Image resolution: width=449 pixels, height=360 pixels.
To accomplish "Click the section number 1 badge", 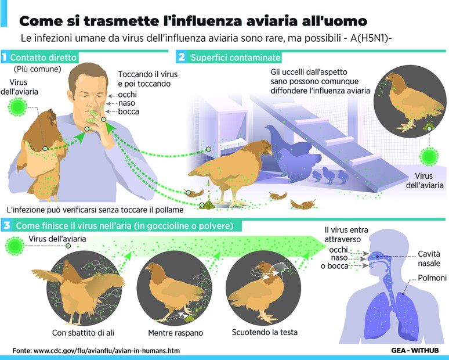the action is coord(4,57).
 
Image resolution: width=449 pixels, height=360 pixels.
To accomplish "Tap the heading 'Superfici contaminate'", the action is coord(236,57).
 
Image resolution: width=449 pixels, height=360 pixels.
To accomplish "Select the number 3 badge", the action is coord(6,225).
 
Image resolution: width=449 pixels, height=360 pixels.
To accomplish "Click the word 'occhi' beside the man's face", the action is coord(128,95).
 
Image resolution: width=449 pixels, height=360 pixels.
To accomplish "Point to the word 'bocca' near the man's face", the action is coord(129,111).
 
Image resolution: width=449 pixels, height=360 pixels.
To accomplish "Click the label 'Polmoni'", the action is coord(432,278).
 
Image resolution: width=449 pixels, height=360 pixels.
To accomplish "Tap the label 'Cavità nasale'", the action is coord(429,258).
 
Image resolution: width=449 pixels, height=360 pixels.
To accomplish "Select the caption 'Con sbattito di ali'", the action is coord(83,333).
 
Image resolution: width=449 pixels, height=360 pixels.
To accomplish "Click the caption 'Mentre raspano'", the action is coord(176,333).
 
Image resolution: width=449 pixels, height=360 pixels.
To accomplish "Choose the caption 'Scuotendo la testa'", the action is coord(265,332).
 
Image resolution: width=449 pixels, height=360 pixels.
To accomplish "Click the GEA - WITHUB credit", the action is coord(415,350).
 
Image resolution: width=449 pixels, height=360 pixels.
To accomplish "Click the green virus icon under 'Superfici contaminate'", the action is coord(429,157).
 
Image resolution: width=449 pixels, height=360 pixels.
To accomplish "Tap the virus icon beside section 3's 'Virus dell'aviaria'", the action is coord(15,246).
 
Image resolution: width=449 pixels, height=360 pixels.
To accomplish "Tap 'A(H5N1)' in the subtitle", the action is coord(371,38).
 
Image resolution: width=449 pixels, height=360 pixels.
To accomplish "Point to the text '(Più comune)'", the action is coord(38,69).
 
